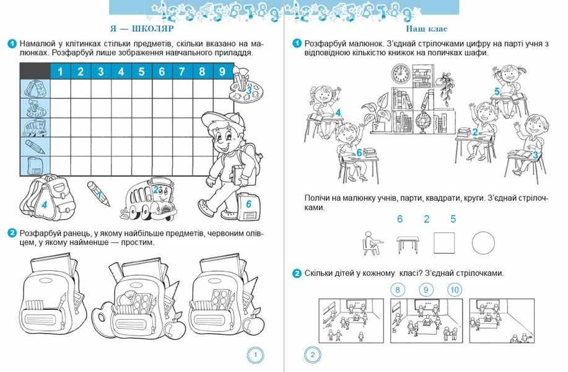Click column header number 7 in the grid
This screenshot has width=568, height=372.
pyautogui.click(x=182, y=71)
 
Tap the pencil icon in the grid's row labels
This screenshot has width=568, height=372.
pyautogui.click(x=35, y=146)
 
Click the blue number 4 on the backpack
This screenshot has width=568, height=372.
pyautogui.click(x=44, y=205)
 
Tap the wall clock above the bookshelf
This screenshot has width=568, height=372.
pyautogui.click(x=401, y=74)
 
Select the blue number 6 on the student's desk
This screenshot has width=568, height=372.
pyautogui.click(x=359, y=153)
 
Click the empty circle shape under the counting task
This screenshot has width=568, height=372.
pyautogui.click(x=483, y=242)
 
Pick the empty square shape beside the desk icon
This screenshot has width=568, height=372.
pyautogui.click(x=444, y=243)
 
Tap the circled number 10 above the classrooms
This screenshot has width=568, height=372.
pyautogui.click(x=455, y=290)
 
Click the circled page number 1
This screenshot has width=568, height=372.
pyautogui.click(x=255, y=355)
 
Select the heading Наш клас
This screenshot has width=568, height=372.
pyautogui.click(x=426, y=29)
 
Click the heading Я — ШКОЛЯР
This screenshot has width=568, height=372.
pyautogui.click(x=142, y=29)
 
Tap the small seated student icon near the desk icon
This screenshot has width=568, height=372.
pyautogui.click(x=372, y=243)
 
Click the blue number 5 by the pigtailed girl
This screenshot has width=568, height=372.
pyautogui.click(x=497, y=92)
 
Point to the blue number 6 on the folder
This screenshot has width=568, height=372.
pyautogui.click(x=249, y=204)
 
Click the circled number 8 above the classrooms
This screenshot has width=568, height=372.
pyautogui.click(x=398, y=290)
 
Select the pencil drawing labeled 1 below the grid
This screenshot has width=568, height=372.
pyautogui.click(x=98, y=194)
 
